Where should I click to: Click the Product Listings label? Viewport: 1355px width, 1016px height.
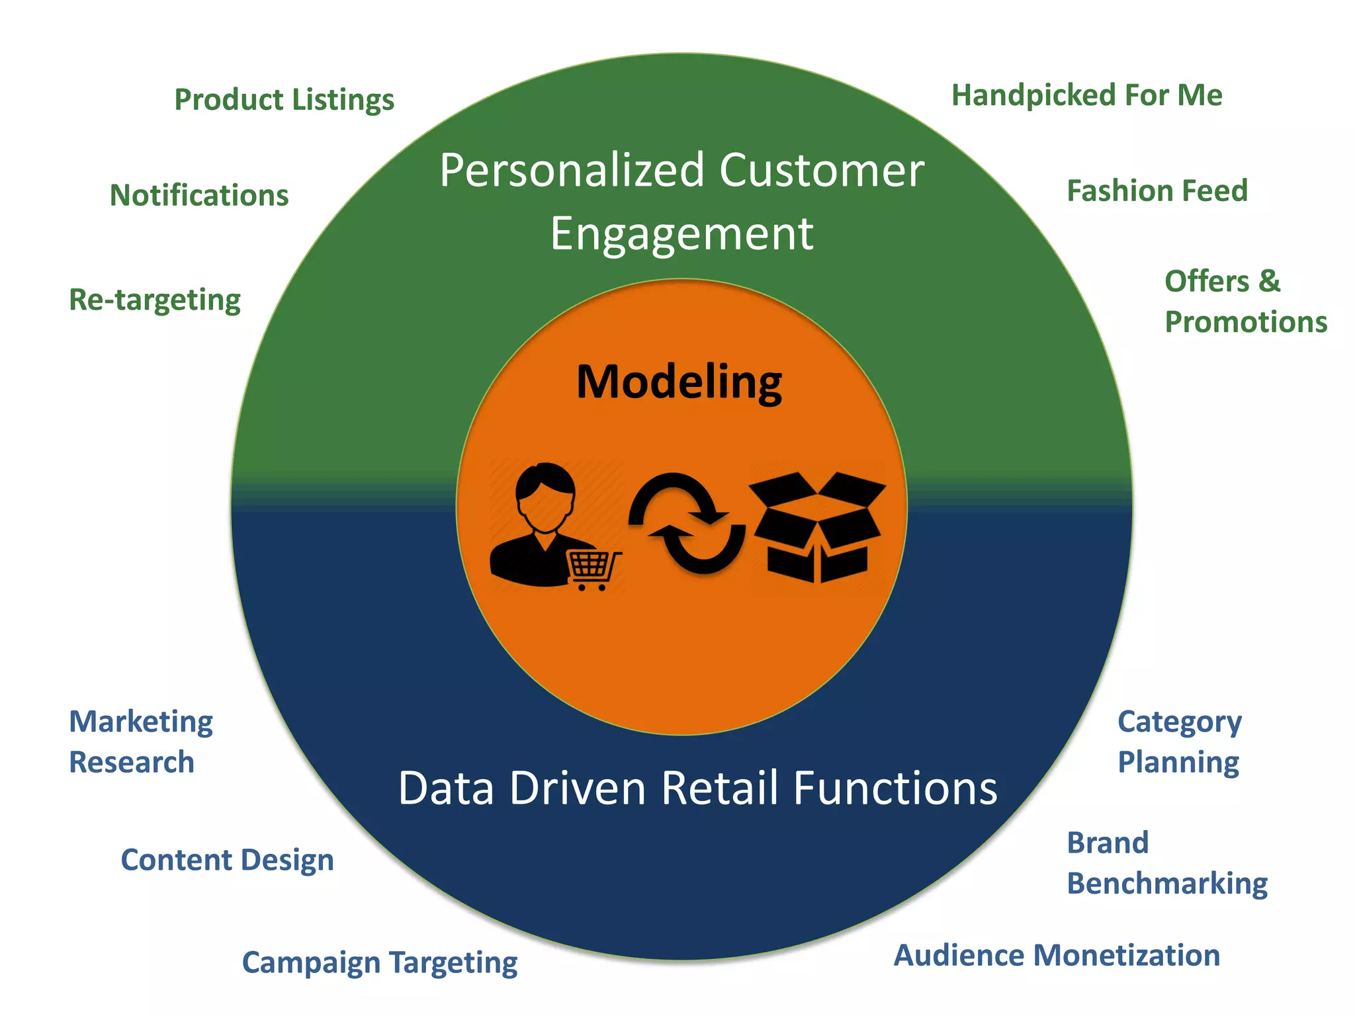pyautogui.click(x=284, y=100)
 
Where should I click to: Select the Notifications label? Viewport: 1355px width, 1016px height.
pyautogui.click(x=199, y=196)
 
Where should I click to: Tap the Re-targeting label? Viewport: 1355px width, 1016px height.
pyautogui.click(x=155, y=300)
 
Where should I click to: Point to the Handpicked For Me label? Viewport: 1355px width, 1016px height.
pyautogui.click(x=1086, y=95)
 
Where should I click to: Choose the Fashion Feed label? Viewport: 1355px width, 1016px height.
pyautogui.click(x=1157, y=191)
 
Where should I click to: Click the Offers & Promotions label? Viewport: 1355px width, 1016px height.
pyautogui.click(x=1245, y=302)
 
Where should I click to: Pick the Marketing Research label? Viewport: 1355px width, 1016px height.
pyautogui.click(x=141, y=741)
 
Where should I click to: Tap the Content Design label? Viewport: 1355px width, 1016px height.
pyautogui.click(x=227, y=860)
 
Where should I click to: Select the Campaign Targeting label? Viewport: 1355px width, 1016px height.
pyautogui.click(x=379, y=962)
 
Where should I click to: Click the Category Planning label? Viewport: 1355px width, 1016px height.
pyautogui.click(x=1179, y=741)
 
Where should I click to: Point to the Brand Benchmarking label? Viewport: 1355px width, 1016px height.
pyautogui.click(x=1166, y=863)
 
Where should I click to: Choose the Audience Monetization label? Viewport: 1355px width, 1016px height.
pyautogui.click(x=1057, y=956)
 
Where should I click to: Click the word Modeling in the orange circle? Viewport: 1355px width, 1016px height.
pyautogui.click(x=679, y=382)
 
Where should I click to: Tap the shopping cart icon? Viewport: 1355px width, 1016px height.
pyautogui.click(x=593, y=570)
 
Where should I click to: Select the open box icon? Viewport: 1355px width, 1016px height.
pyautogui.click(x=818, y=527)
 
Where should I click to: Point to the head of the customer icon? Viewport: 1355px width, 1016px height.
pyautogui.click(x=545, y=497)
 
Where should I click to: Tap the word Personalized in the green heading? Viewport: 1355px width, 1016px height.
pyautogui.click(x=572, y=171)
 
